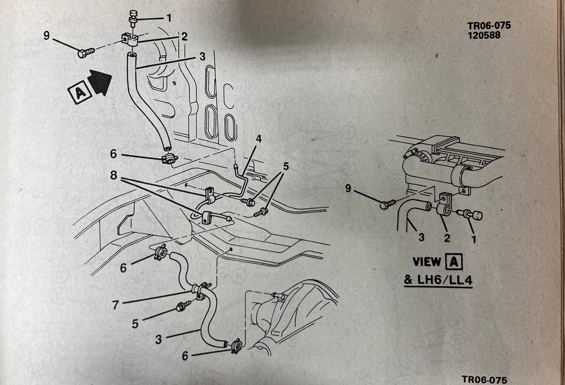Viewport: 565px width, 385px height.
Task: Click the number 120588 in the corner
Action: [484, 35]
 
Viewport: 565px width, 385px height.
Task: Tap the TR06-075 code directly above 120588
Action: [489, 26]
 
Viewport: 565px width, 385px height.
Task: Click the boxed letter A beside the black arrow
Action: [79, 93]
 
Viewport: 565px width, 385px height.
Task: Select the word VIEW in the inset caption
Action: [427, 262]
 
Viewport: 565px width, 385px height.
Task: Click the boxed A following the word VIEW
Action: [454, 262]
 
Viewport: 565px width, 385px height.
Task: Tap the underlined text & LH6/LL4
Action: [438, 280]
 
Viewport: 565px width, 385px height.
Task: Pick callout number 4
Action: [258, 139]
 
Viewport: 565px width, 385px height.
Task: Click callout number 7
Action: [115, 305]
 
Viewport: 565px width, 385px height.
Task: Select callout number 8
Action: [113, 176]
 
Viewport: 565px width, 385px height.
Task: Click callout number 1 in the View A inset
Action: [474, 239]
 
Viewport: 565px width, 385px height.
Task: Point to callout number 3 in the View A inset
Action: [421, 237]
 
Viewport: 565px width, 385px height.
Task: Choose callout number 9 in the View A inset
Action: [348, 189]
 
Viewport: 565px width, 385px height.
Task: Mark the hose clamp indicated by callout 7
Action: [201, 291]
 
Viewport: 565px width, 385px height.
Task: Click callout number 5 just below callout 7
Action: [135, 323]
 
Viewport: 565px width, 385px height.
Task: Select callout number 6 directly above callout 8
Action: [113, 154]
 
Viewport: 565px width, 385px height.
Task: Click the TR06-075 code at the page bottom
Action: [484, 379]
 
